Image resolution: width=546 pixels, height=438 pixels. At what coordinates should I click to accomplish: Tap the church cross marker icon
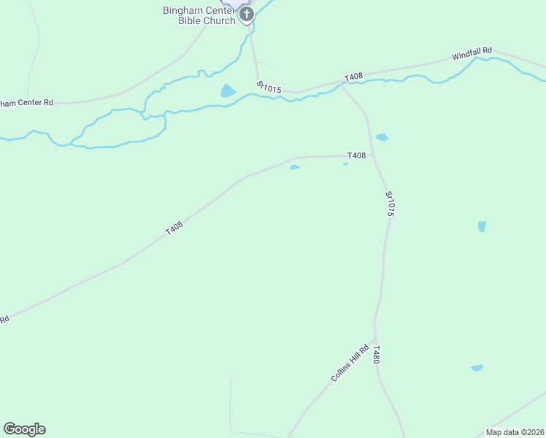point(247,14)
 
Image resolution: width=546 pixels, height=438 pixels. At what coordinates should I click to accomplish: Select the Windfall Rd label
point(472,55)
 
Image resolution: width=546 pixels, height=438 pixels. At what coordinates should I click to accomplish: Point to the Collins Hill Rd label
point(346,366)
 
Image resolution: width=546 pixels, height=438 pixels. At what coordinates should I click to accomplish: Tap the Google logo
point(24,429)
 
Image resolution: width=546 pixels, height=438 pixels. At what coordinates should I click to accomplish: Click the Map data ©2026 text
point(515,432)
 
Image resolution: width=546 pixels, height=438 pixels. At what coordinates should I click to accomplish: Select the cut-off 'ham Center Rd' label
point(27,103)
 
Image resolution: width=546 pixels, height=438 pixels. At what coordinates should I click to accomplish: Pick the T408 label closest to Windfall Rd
point(354,77)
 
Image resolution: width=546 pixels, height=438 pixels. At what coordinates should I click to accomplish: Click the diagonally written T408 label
point(174,228)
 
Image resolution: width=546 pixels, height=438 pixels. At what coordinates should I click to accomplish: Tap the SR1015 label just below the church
point(269,88)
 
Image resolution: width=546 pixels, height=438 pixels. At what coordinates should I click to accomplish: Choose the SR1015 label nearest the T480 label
point(391,204)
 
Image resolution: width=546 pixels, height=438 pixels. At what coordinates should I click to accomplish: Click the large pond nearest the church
point(228,91)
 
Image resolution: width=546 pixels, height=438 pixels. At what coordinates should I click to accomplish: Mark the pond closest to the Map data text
point(477,368)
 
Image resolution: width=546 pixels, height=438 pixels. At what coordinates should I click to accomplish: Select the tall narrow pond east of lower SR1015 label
point(482,226)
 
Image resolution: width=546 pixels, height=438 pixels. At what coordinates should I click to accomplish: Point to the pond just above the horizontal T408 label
point(382,137)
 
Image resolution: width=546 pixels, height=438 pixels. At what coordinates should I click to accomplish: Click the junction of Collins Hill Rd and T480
point(374,342)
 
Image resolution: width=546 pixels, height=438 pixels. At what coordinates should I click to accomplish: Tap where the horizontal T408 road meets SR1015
point(374,155)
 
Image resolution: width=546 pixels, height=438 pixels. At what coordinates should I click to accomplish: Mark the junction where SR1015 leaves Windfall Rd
point(341,85)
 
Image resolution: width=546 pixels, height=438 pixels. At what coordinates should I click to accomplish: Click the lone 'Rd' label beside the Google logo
point(4,319)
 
